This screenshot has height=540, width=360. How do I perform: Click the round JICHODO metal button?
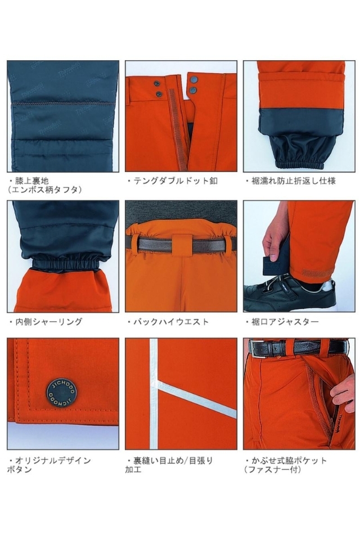(x=62, y=389)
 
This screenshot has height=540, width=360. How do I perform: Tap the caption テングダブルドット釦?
(x=172, y=181)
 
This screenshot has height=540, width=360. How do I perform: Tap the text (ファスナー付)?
(x=273, y=470)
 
